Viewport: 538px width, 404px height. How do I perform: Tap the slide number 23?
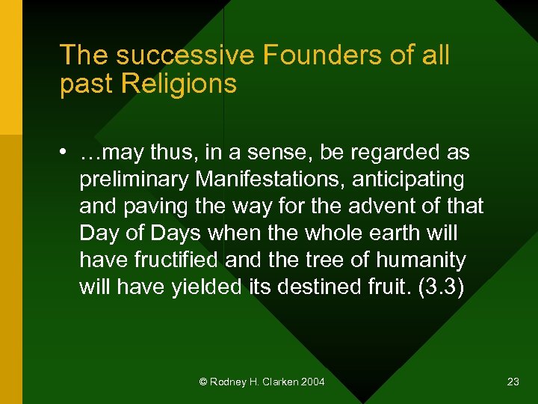(513, 382)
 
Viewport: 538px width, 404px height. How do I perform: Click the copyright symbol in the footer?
(202, 382)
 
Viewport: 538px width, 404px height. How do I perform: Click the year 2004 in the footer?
(315, 382)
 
